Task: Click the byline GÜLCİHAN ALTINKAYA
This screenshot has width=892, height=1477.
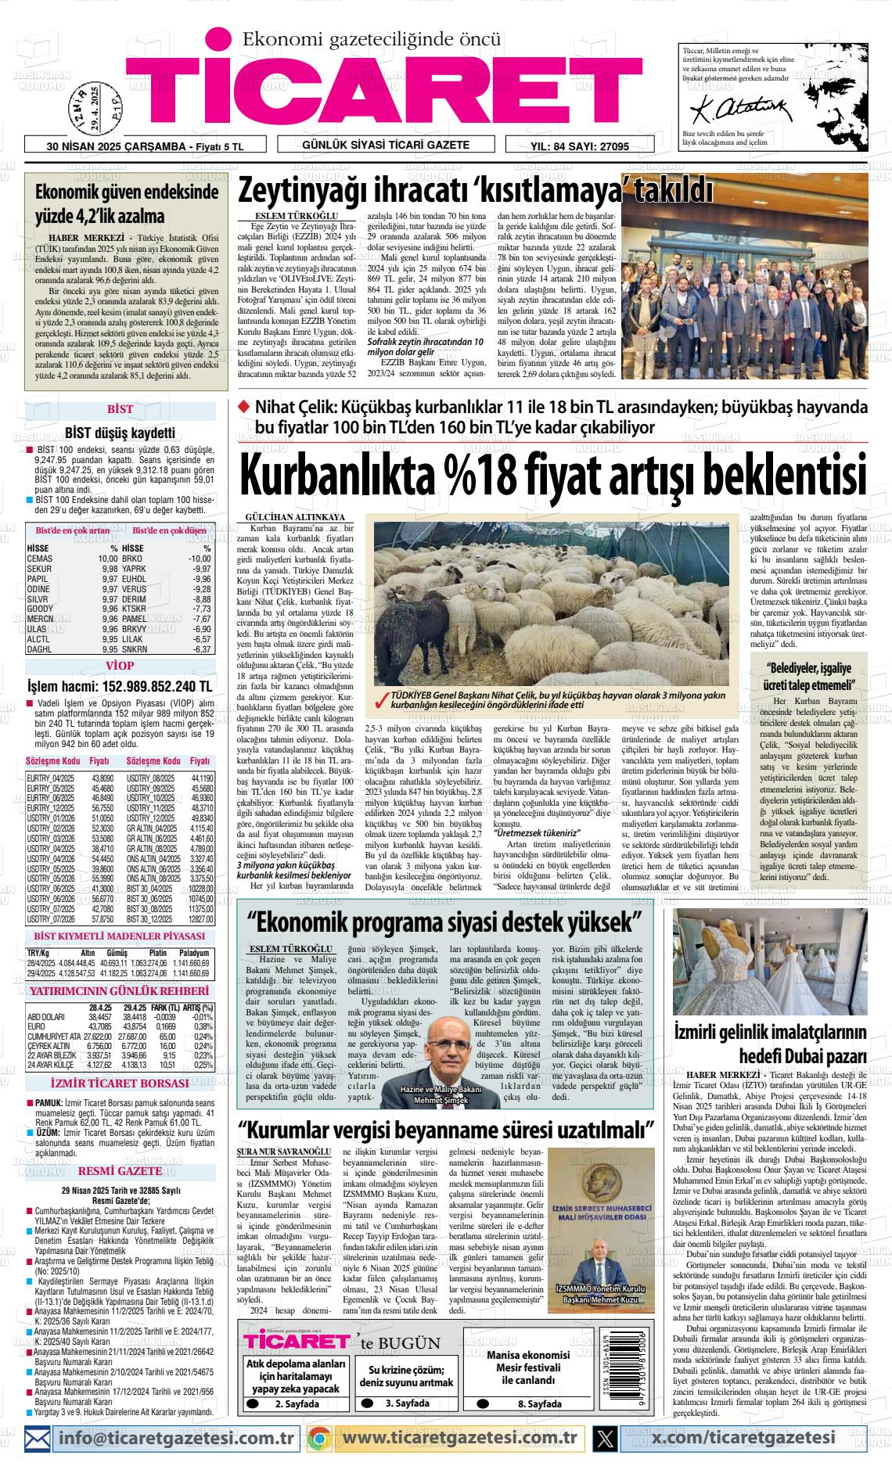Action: click(295, 518)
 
